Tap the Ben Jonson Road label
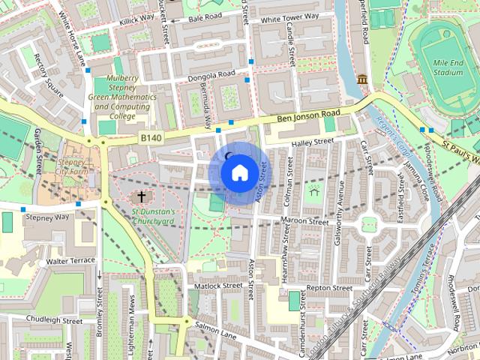click(x=308, y=116)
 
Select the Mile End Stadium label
click(x=448, y=68)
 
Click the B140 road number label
click(x=150, y=137)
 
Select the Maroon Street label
click(x=304, y=222)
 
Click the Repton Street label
click(x=329, y=288)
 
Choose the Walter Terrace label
click(x=70, y=260)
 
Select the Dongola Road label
click(x=211, y=74)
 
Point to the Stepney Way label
click(x=47, y=217)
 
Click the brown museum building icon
click(x=363, y=79)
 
